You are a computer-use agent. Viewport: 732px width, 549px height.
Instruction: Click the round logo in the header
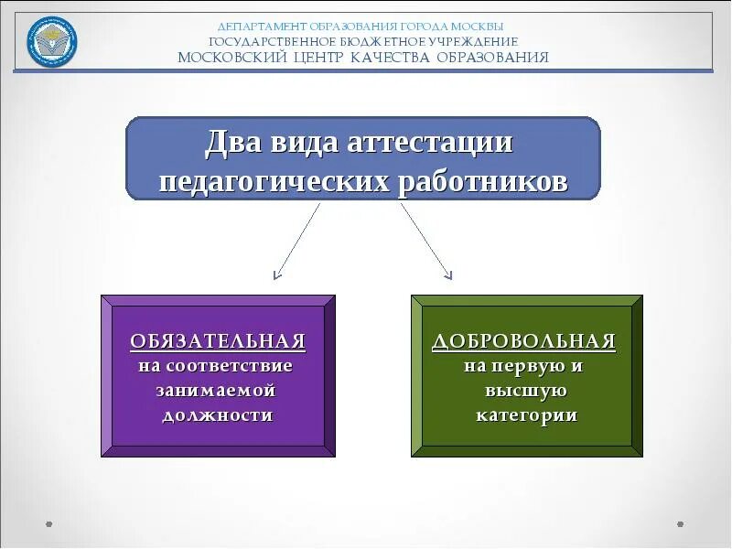pyautogui.click(x=52, y=41)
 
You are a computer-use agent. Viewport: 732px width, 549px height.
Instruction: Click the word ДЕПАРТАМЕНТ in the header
pyautogui.click(x=258, y=27)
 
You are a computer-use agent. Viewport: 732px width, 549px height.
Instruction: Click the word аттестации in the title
pyautogui.click(x=430, y=144)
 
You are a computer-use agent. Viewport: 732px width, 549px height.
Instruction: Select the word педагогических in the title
pyautogui.click(x=274, y=180)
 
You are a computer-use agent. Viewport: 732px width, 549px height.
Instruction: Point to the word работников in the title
pyautogui.click(x=483, y=180)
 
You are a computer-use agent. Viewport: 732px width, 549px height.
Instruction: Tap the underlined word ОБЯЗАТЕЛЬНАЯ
pyautogui.click(x=217, y=342)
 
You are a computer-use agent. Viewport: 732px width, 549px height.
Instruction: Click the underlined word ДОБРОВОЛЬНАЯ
pyautogui.click(x=523, y=342)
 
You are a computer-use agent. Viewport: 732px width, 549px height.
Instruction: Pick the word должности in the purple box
pyautogui.click(x=218, y=415)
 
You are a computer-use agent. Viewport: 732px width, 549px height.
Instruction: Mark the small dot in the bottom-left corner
pyautogui.click(x=48, y=524)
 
